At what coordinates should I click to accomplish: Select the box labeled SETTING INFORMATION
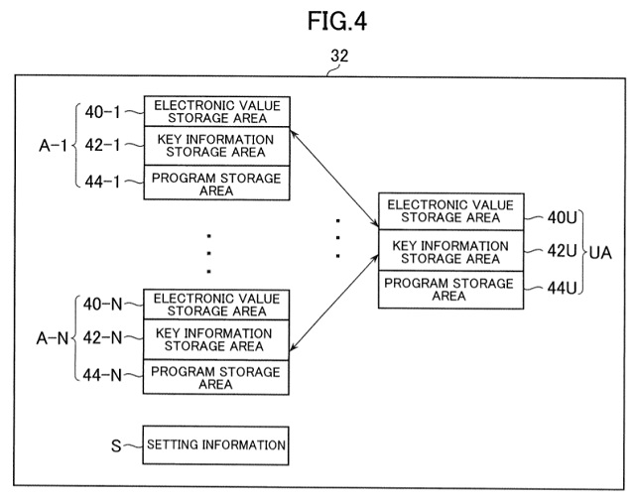pos(217,444)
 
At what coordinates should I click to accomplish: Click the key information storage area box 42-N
pos(217,339)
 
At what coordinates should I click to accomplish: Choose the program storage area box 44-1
pos(217,184)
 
